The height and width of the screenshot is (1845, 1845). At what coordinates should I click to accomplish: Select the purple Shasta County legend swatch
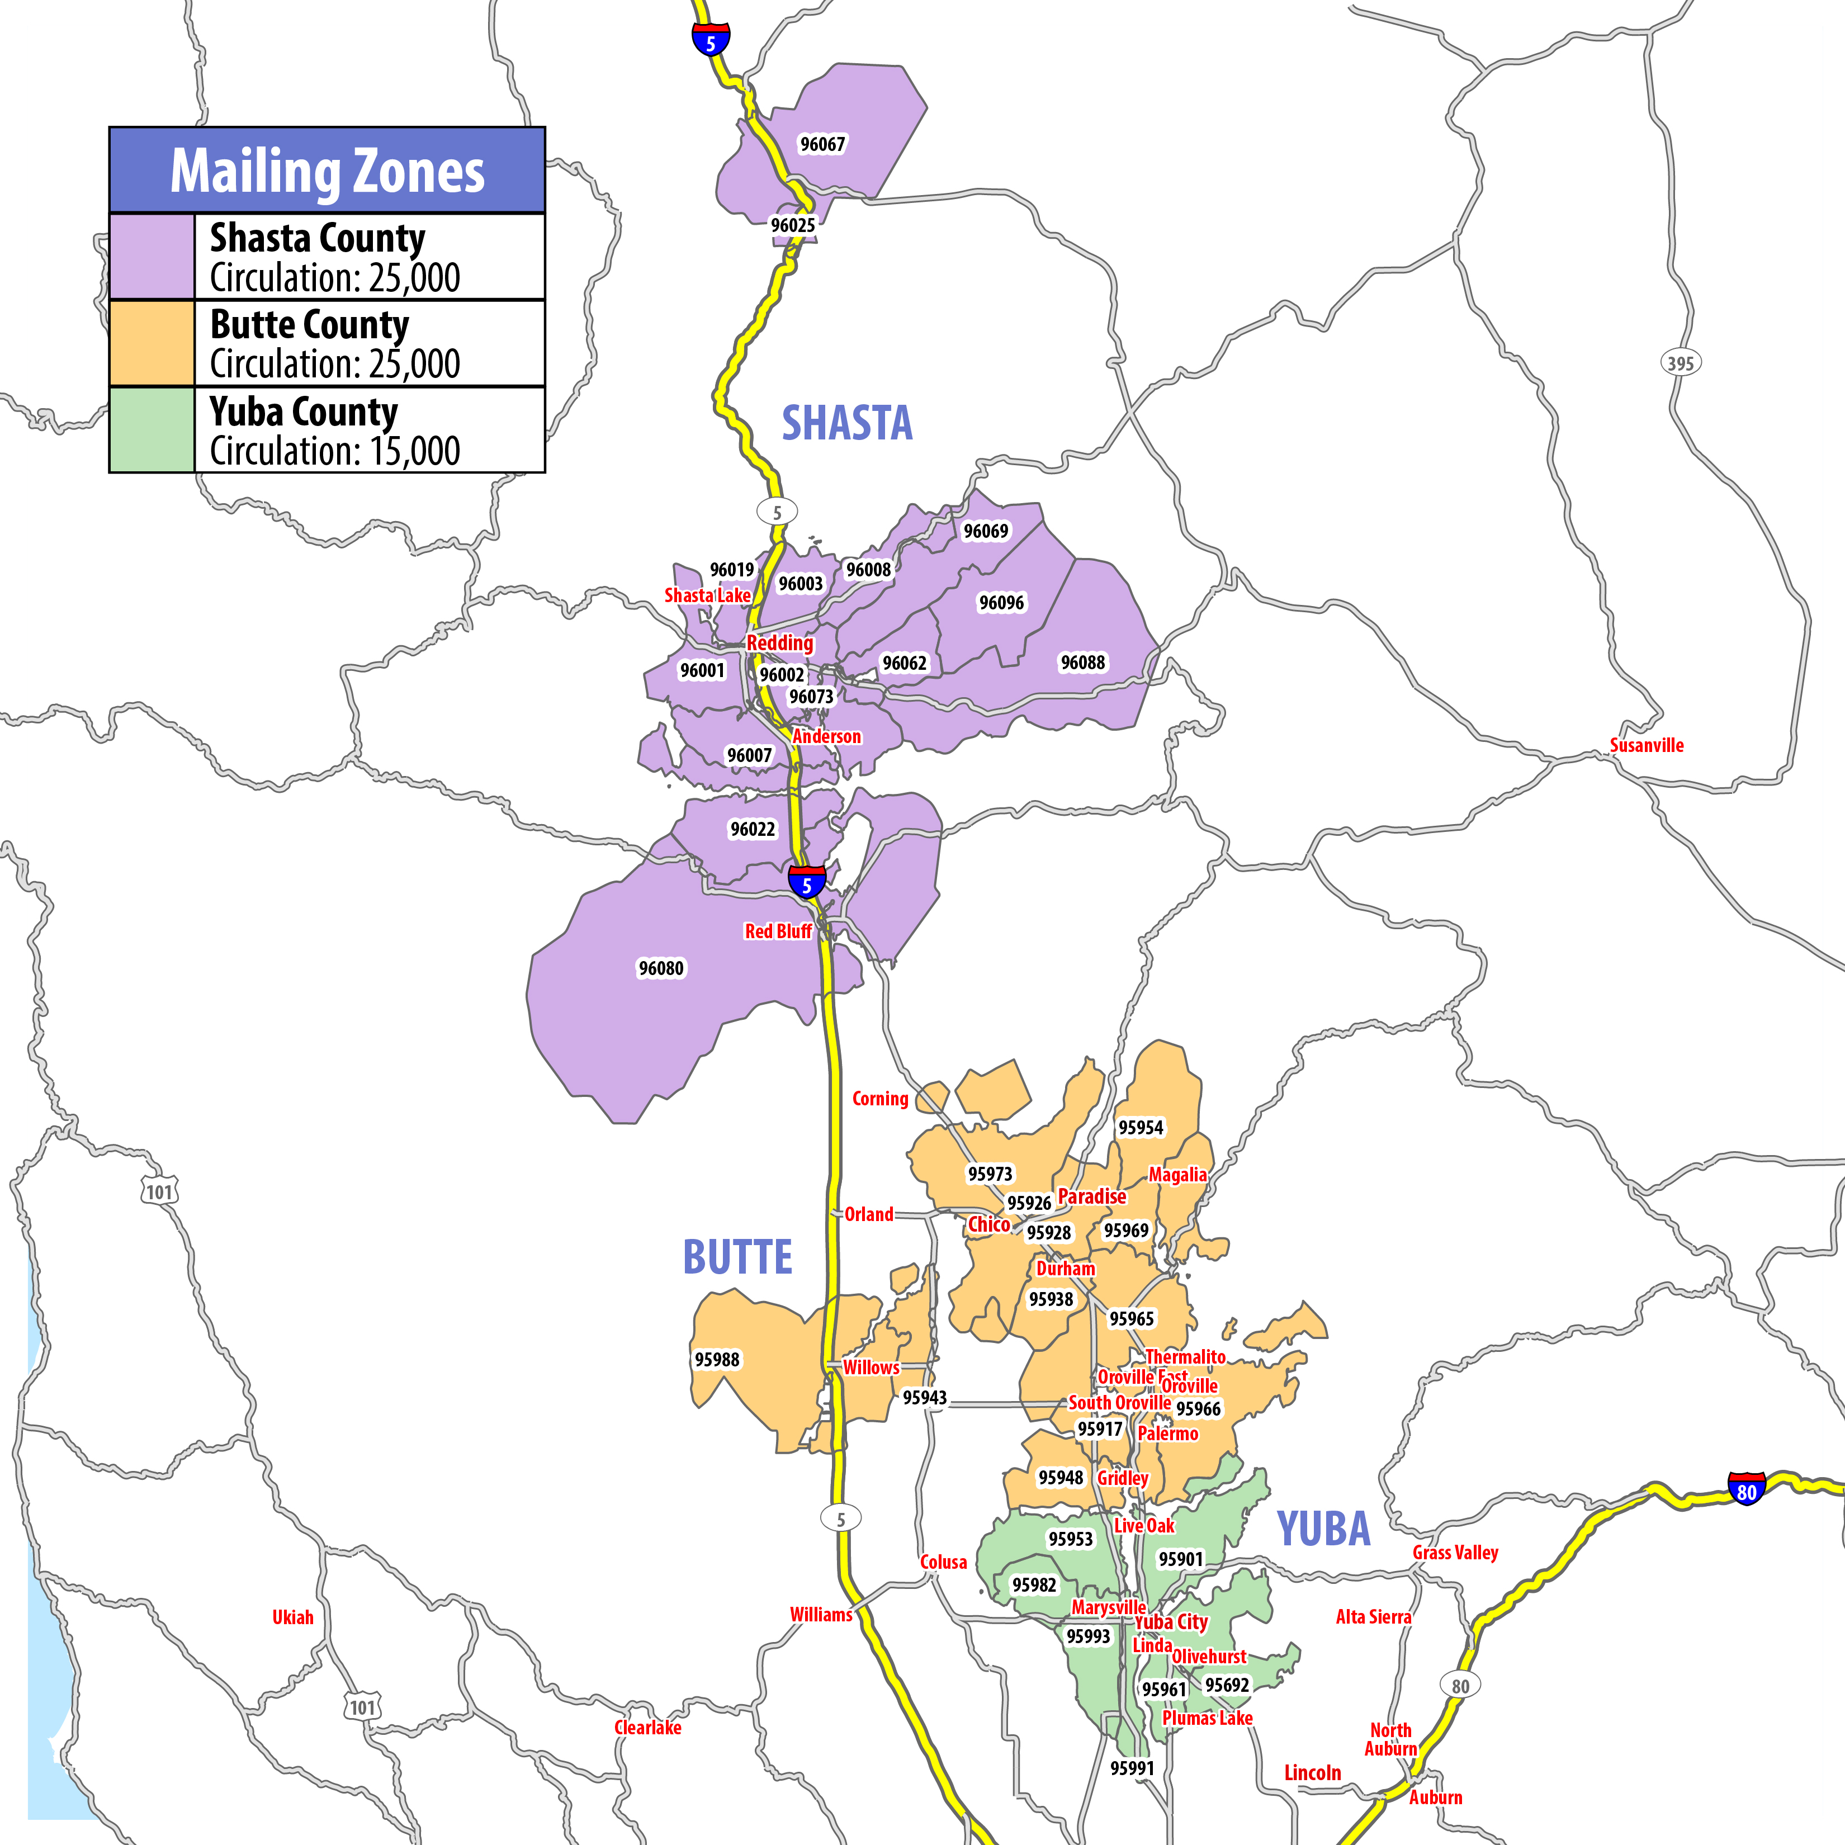152,257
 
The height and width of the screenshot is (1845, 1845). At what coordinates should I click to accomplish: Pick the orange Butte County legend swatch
152,343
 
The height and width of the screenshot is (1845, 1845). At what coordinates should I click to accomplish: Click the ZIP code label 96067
822,144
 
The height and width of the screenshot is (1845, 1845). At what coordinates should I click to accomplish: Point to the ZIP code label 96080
661,968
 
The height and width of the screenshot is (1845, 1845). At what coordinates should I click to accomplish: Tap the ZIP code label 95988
716,1359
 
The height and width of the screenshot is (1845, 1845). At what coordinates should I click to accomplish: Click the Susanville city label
1647,745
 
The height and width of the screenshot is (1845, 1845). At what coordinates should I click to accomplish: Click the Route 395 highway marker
1680,363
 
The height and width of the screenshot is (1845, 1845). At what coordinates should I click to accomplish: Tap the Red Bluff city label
777,931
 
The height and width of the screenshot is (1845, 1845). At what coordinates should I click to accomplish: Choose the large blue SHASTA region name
847,423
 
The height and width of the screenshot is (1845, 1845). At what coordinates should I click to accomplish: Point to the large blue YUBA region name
1323,1529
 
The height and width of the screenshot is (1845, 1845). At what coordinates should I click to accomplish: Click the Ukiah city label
292,1617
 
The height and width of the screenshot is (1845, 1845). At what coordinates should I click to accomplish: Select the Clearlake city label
647,1728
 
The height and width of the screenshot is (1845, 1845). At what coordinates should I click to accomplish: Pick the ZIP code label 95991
1132,1768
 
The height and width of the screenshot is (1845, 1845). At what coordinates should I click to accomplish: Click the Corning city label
879,1098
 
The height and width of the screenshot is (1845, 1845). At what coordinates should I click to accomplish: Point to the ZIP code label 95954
1140,1128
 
